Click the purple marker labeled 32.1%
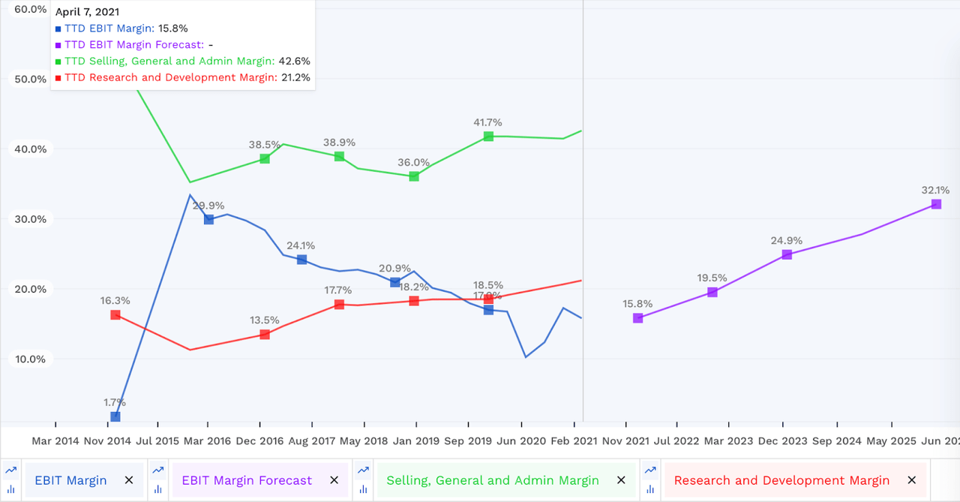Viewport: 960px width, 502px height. (936, 204)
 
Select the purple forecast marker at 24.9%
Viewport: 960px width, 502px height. (787, 254)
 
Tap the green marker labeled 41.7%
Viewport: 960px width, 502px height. (488, 136)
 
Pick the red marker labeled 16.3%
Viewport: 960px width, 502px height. (115, 314)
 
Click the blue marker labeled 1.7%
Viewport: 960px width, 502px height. (115, 416)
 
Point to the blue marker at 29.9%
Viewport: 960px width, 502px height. (208, 219)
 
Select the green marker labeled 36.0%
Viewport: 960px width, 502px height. (414, 176)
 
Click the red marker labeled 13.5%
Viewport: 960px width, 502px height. (265, 334)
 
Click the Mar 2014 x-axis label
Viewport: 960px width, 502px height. (55, 441)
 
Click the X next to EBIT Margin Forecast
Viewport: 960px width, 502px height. (334, 480)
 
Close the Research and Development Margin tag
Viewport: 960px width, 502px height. (911, 480)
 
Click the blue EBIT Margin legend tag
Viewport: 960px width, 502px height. (70, 480)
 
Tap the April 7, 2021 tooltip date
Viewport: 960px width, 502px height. (87, 12)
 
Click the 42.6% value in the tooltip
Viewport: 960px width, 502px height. (294, 62)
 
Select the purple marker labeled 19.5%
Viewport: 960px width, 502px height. (712, 292)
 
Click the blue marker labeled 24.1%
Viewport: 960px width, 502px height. (301, 260)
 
